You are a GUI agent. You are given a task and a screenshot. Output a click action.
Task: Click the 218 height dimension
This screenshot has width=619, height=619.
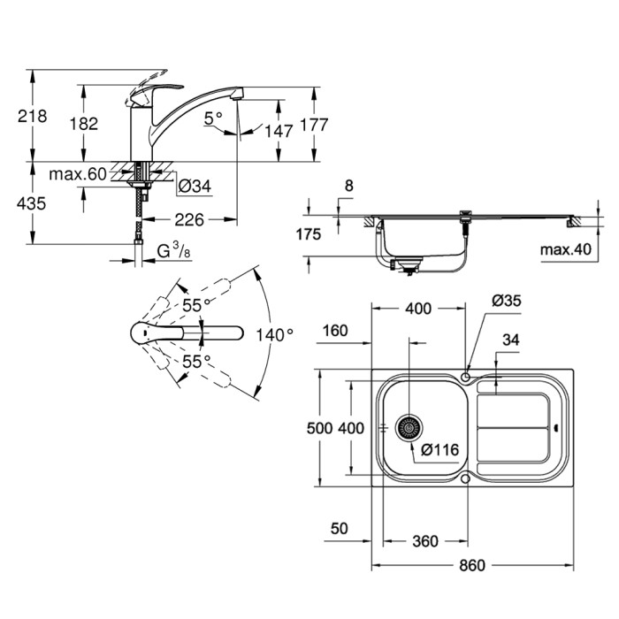33,116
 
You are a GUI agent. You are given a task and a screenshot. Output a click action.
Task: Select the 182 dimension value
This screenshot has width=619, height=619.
84,124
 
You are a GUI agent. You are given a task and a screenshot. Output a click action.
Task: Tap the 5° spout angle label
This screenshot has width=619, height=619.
213,118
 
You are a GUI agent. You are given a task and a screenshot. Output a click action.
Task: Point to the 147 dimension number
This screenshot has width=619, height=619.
279,131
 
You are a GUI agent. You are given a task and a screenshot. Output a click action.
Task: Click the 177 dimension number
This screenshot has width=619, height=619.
314,125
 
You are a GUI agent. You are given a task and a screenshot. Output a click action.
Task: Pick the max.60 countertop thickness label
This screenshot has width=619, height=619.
78,173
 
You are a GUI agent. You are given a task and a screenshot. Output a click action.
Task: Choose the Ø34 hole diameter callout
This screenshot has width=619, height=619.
195,186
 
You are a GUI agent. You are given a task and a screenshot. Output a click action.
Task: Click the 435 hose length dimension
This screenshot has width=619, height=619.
32,203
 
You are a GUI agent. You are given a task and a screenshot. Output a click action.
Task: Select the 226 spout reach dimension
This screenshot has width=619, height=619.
189,220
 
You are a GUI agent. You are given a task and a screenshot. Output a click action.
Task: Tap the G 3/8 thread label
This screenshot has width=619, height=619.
173,250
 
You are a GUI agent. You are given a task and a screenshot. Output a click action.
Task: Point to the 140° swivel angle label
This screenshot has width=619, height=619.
275,335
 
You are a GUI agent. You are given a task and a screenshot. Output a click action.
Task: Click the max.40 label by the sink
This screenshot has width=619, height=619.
566,249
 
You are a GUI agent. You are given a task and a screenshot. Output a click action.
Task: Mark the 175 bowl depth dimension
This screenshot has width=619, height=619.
309,234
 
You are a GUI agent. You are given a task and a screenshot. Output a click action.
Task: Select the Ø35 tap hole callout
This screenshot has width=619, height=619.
507,301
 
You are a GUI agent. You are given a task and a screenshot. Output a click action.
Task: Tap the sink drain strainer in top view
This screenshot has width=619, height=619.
409,428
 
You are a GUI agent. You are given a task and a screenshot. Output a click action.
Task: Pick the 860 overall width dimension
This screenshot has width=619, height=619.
472,566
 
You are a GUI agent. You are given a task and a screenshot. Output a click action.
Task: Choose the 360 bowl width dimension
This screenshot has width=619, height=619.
425,541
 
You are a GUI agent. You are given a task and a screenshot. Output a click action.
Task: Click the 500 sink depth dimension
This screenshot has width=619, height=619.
320,428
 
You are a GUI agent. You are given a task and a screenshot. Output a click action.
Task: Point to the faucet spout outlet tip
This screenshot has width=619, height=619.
236,97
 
